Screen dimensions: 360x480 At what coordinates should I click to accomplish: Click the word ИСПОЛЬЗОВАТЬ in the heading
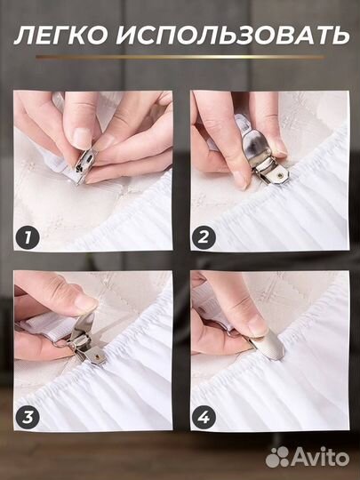[x=233, y=36]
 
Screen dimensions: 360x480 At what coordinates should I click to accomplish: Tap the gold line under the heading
[x=180, y=57]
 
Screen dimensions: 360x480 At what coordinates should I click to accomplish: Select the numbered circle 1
[x=28, y=237]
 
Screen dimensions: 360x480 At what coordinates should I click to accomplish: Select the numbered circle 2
[x=204, y=237]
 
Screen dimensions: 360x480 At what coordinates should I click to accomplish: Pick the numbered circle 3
[x=28, y=417]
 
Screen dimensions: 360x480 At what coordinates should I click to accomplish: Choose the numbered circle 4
[x=204, y=417]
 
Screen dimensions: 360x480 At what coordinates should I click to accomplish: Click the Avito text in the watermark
[x=320, y=458]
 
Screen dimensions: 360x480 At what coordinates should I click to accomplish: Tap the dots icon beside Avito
[x=277, y=457]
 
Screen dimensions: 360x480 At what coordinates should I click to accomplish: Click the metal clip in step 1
[x=84, y=165]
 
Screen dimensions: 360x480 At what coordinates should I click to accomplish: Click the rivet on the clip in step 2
[x=279, y=176]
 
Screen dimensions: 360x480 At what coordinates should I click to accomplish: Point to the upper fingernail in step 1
[x=83, y=138]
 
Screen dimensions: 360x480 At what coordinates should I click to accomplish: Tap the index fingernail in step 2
[x=239, y=180]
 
